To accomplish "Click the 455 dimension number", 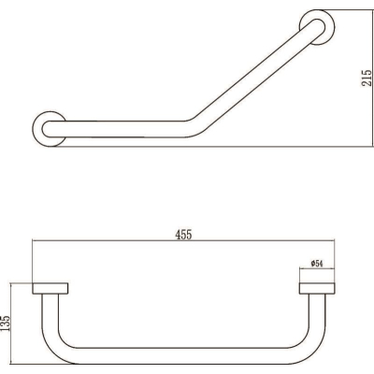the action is (183, 235).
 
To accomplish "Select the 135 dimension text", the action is (6, 324).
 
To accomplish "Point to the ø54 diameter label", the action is (316, 264).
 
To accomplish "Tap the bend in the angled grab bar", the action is (194, 127).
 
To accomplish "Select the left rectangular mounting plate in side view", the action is (50, 288).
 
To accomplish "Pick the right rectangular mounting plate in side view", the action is (317, 288).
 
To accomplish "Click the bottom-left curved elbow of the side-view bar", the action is (53, 348).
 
